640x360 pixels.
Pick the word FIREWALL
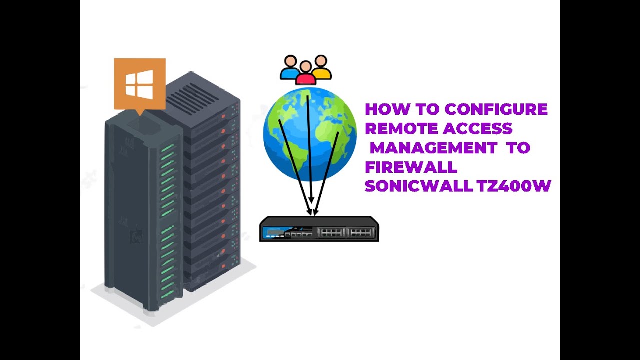click(x=411, y=167)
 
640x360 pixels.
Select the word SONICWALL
click(x=418, y=186)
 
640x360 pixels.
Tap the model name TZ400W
click(x=513, y=186)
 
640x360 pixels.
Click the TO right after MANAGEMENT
click(x=517, y=148)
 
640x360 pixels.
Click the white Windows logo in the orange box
click(x=139, y=84)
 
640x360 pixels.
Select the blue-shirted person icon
click(x=289, y=68)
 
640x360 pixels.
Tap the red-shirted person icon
click(x=305, y=74)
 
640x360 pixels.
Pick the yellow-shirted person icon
click(x=321, y=68)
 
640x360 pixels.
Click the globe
click(x=310, y=134)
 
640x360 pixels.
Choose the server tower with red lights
click(x=212, y=190)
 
